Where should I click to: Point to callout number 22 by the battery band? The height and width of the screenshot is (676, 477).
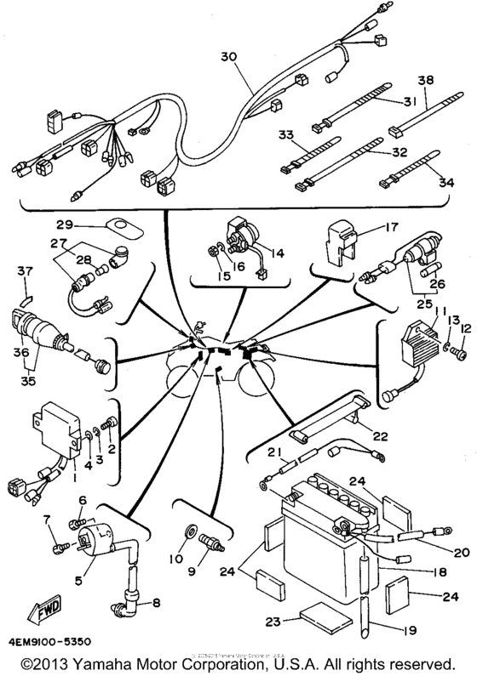pyautogui.click(x=379, y=436)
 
